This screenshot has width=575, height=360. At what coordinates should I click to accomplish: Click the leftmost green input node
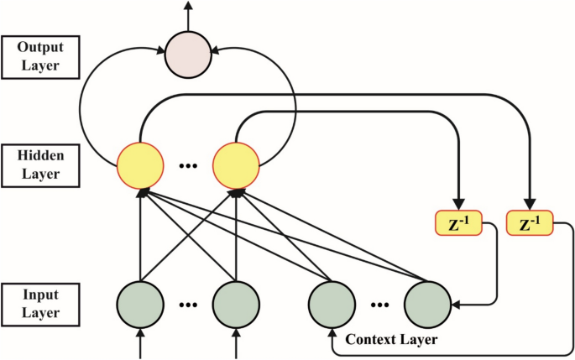tap(139, 303)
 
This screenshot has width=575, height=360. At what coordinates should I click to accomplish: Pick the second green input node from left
tap(235, 303)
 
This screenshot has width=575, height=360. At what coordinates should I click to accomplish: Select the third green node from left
tap(332, 303)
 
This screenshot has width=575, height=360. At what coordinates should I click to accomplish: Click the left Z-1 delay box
tap(458, 223)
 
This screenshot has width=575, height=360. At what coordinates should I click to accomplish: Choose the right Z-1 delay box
tap(531, 223)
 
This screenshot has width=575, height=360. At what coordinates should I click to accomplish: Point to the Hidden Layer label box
tap(40, 164)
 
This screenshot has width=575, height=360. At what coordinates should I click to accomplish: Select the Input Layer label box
tap(40, 303)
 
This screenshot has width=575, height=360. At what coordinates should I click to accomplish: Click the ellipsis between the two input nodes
tap(187, 305)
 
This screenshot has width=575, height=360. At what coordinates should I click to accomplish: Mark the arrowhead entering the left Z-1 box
tap(458, 205)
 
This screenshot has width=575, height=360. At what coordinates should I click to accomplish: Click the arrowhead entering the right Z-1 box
tap(531, 205)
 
